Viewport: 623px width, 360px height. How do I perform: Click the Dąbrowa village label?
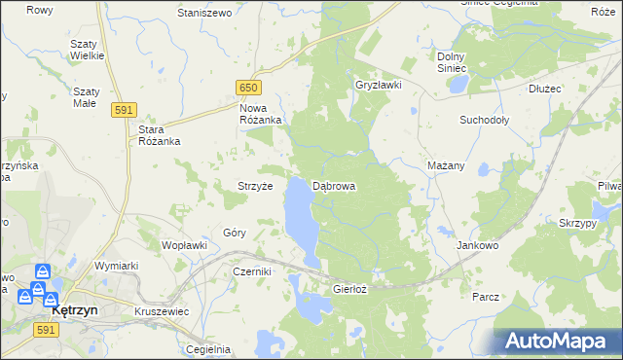click(x=334, y=185)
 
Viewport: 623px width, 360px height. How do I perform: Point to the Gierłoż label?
click(x=350, y=289)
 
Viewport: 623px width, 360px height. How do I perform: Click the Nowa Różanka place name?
click(x=261, y=113)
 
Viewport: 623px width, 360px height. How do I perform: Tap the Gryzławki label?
click(x=379, y=85)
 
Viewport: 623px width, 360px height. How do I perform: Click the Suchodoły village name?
click(x=485, y=121)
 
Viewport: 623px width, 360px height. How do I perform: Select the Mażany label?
click(x=446, y=165)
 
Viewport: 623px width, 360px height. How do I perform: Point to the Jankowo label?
click(x=478, y=246)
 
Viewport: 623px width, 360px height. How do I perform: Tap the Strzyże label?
click(x=255, y=185)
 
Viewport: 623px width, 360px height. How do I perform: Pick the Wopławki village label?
click(x=184, y=245)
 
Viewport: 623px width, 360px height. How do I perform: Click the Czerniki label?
click(x=250, y=272)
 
